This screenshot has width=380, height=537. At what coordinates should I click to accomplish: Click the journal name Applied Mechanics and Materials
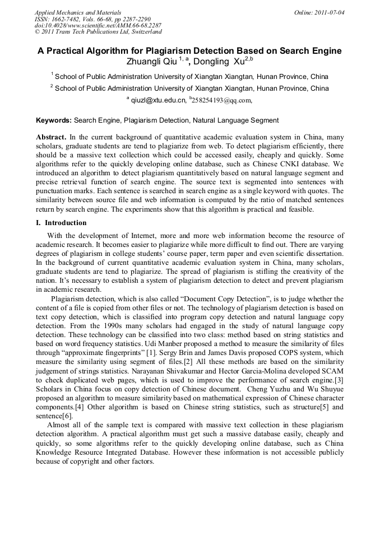77,12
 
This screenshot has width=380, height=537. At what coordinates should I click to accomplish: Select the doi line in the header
98,25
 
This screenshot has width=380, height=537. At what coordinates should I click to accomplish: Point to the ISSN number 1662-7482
67,18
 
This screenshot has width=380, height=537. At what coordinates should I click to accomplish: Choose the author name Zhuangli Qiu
152,62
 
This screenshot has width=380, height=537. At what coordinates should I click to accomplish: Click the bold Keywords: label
54,120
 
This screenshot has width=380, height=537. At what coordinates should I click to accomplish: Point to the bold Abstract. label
52,137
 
